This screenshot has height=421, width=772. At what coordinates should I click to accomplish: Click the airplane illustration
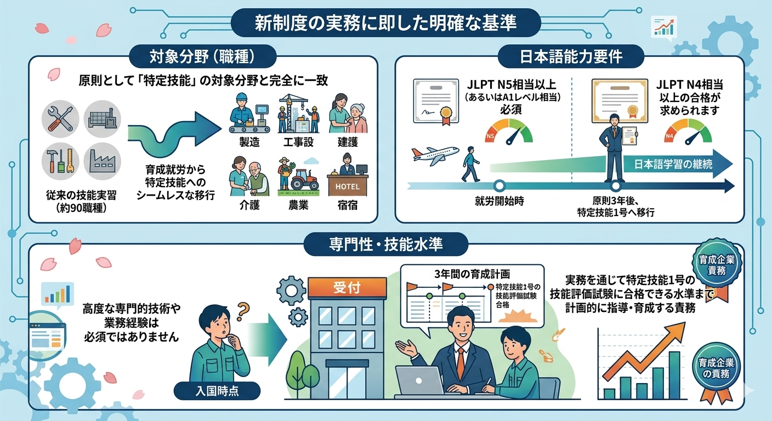pos(435,155)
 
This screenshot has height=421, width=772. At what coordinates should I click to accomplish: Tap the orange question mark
pos(243,311)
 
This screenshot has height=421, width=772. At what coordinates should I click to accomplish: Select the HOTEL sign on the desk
pos(348,187)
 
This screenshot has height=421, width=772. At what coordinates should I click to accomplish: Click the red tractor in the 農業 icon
pos(305,179)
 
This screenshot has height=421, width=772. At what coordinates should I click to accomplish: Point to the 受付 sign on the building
pos(347,287)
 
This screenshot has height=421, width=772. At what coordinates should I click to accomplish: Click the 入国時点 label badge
pos(217,391)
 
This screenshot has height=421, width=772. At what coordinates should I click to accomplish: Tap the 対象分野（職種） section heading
pos(203,56)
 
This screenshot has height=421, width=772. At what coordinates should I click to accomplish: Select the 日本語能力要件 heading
pos(571,56)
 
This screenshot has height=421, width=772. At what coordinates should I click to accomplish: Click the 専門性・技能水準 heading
pos(385,244)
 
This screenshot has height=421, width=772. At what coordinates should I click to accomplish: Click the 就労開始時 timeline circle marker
pos(499,186)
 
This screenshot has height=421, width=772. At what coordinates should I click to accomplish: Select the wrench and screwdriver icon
pos(60,119)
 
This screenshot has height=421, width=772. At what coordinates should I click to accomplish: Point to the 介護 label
pos(249,206)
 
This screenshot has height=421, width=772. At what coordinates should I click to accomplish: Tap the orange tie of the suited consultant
pos(461,364)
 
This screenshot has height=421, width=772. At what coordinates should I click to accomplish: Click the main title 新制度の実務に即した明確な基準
pos(385,22)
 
